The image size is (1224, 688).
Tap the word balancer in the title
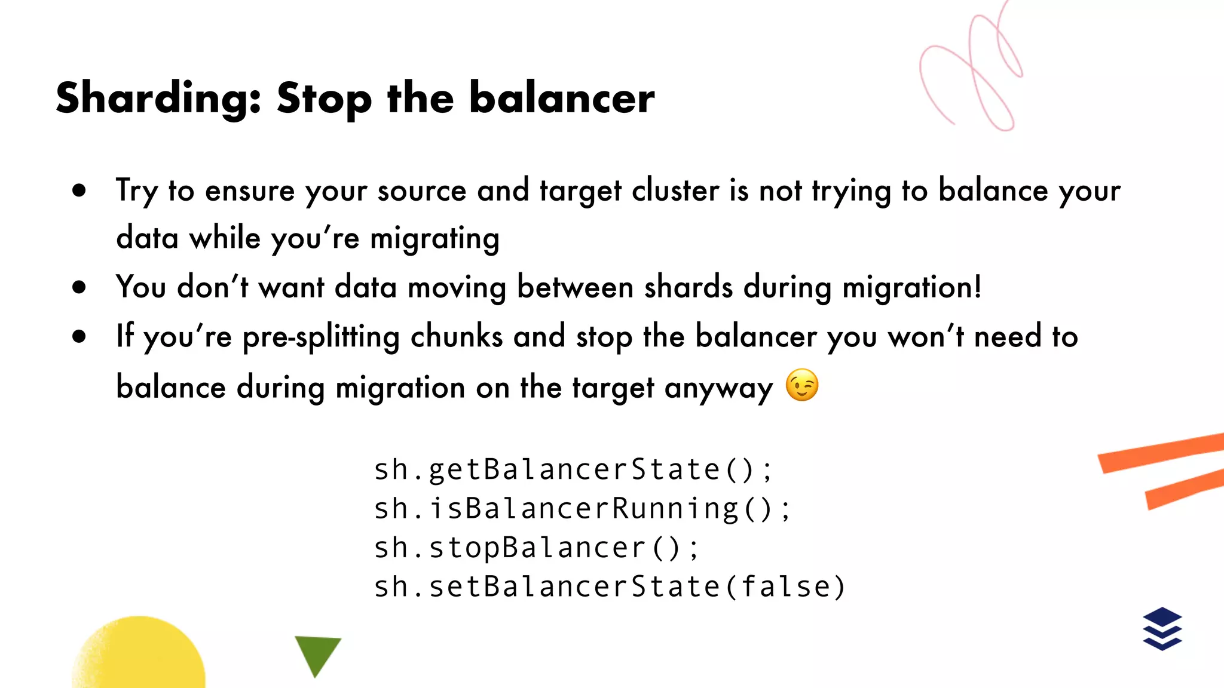point(562,97)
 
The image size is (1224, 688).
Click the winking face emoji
point(801,385)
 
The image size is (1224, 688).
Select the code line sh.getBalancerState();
point(573,469)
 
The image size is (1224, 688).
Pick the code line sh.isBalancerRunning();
point(582,509)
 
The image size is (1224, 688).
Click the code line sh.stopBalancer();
point(535,548)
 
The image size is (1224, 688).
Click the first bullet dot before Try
point(79,191)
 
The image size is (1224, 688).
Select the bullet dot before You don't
point(79,287)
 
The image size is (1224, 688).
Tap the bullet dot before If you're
point(79,336)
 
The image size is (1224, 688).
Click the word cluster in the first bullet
point(675,191)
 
